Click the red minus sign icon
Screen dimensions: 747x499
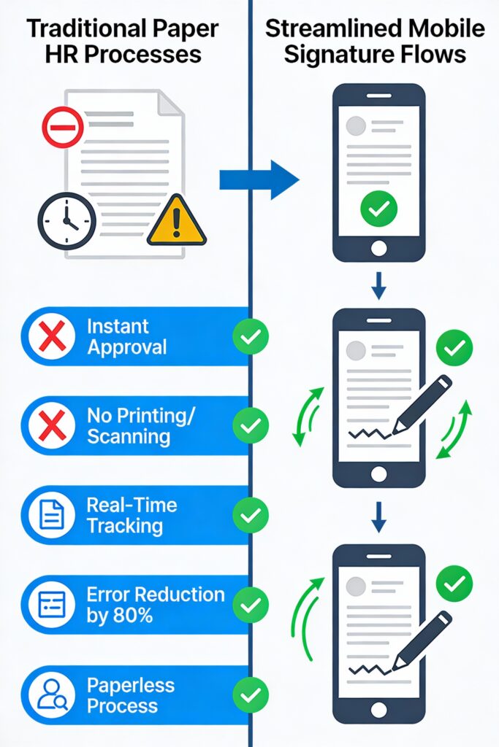63,127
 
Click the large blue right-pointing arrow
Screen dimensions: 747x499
259,179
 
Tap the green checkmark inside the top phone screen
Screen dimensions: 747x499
378,210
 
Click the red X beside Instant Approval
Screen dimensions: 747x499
52,337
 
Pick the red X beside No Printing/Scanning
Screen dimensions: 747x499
52,426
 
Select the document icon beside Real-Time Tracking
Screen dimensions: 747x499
52,516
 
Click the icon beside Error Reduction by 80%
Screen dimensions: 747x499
52,605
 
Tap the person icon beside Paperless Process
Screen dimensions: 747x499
52,694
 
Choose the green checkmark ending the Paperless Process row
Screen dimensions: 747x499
251,694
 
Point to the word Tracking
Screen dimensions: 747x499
124,526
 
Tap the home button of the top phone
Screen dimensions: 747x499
378,248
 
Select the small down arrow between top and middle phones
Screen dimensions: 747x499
378,287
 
